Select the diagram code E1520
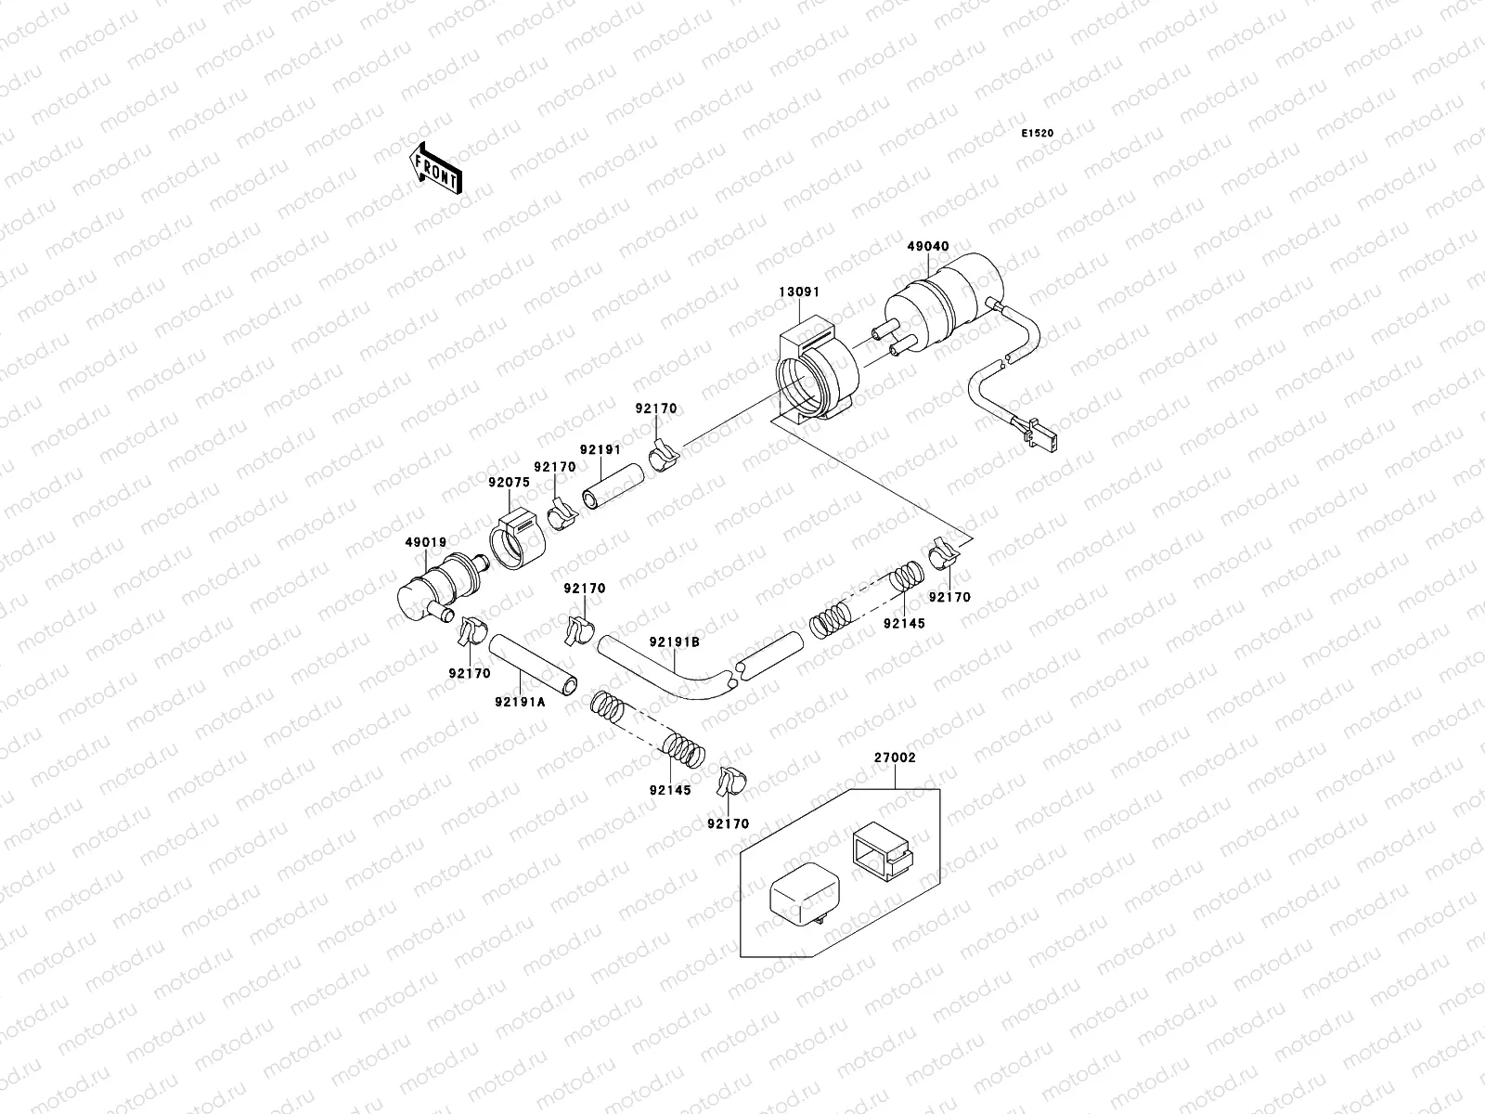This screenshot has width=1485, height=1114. (x=1038, y=134)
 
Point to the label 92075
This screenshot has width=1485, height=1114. (x=509, y=482)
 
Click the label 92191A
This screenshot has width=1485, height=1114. (x=520, y=701)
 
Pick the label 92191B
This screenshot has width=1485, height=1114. (x=674, y=641)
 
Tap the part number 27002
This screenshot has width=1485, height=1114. (x=895, y=758)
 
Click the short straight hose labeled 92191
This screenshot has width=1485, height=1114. (x=613, y=487)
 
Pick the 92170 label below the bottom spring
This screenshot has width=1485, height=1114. (x=728, y=823)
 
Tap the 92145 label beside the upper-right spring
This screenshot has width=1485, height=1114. (x=904, y=624)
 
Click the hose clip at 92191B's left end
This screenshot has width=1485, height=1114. (x=576, y=628)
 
